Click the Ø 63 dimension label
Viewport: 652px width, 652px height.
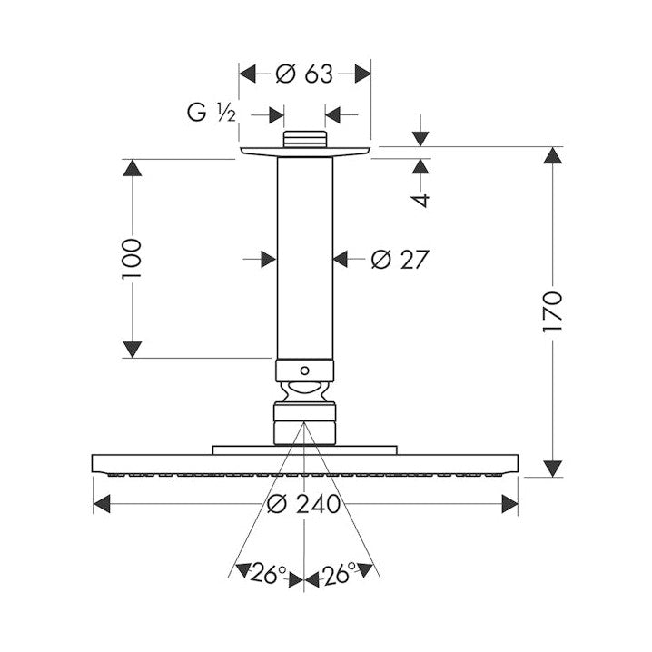coord(304,74)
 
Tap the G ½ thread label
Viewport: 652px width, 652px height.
coord(212,113)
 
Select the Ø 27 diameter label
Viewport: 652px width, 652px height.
coord(400,260)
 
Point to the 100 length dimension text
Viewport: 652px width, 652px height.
coord(133,259)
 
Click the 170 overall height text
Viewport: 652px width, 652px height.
coord(553,311)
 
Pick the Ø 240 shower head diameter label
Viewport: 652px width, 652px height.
coord(303,504)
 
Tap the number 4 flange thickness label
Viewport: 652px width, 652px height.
coord(420,200)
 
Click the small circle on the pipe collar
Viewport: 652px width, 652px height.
coord(305,370)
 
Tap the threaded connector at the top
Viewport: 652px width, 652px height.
coord(305,139)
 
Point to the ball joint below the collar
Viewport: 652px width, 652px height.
coord(305,391)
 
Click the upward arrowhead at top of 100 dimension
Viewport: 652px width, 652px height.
coord(133,168)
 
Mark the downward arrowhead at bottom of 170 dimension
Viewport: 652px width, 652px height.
coord(553,469)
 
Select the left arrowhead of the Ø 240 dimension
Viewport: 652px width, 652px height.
coord(102,504)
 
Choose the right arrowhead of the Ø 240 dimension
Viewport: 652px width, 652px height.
coord(509,504)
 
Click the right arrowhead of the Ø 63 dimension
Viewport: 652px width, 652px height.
coord(362,74)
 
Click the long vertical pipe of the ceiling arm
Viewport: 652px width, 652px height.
coord(305,258)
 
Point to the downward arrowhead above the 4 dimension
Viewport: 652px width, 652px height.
coord(420,138)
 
